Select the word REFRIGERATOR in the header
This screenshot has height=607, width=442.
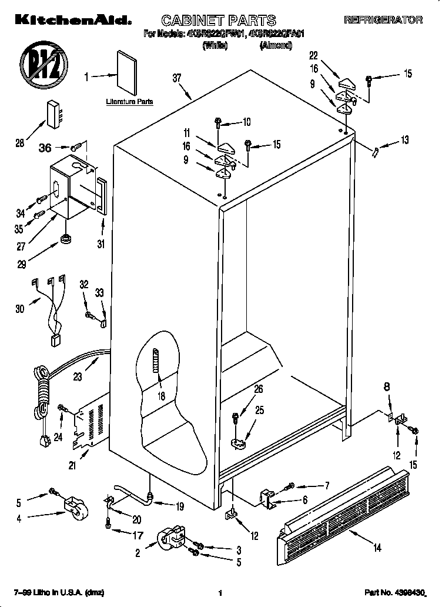[x=383, y=20]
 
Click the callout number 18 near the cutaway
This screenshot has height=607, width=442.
[x=160, y=396]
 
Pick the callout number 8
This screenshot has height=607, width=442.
[x=386, y=388]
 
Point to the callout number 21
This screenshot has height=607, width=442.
[x=72, y=466]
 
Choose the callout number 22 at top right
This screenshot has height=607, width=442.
[x=313, y=56]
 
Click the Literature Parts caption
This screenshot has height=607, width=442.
[x=129, y=101]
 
